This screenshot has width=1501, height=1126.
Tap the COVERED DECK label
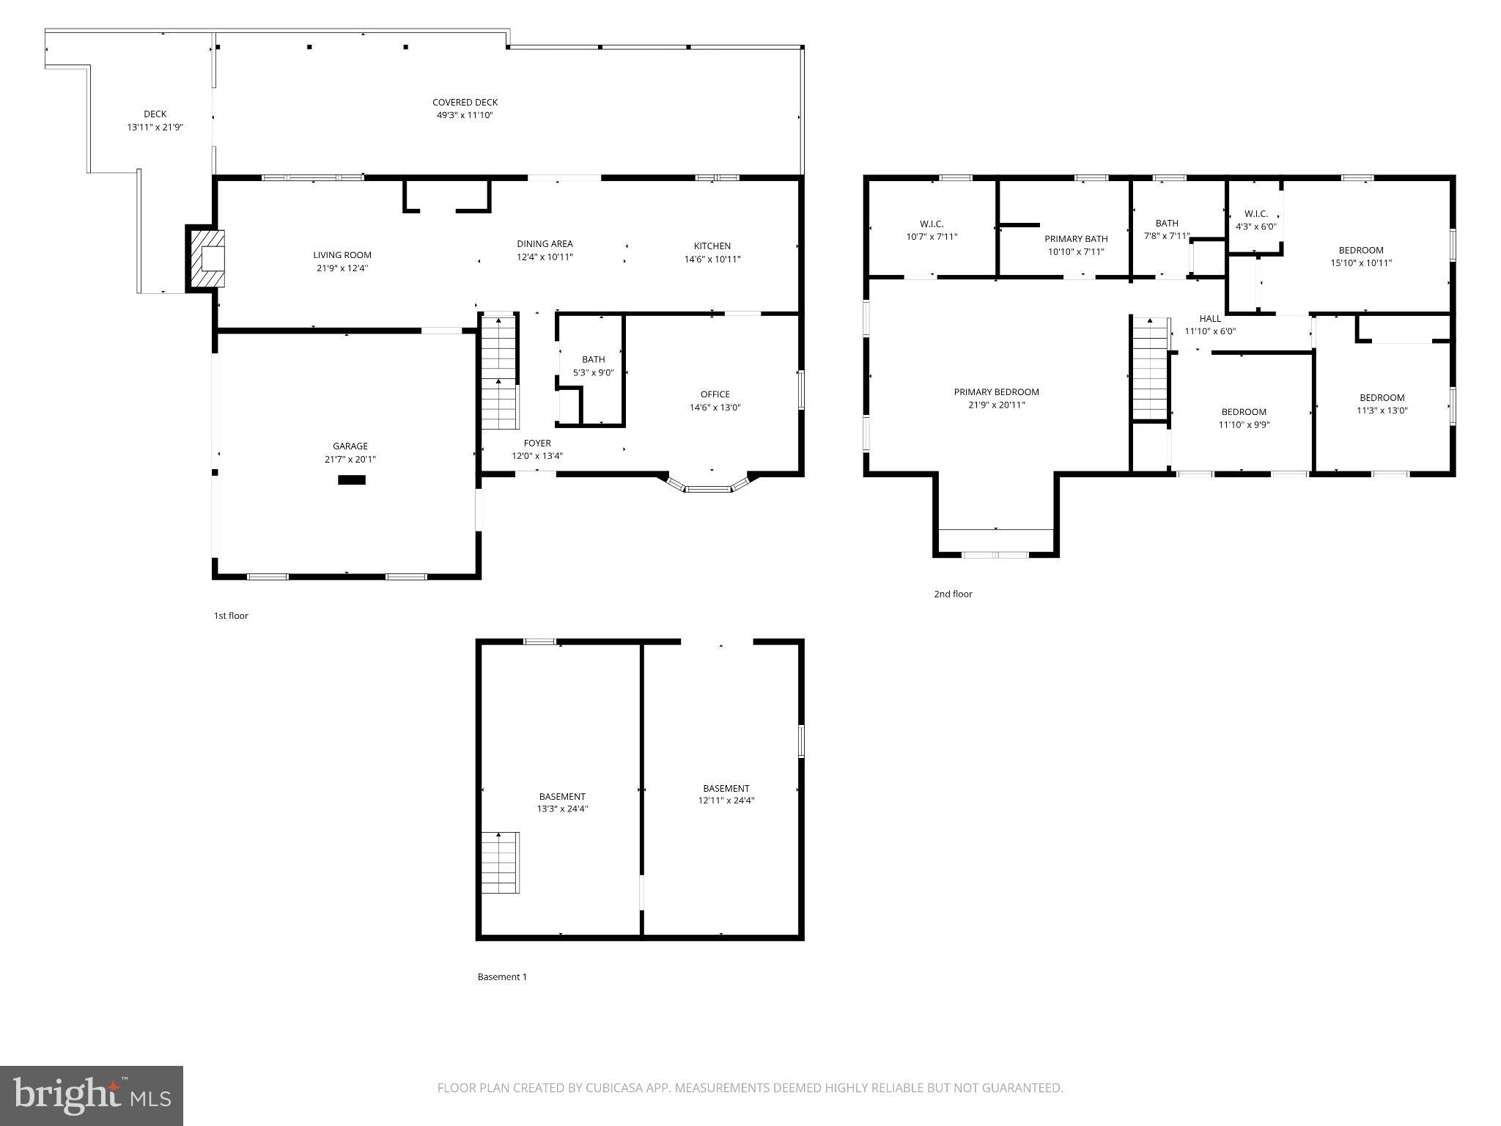click(x=465, y=103)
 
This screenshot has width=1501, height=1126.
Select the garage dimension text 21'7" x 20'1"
click(x=350, y=460)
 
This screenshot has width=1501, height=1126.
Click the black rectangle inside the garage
click(x=352, y=480)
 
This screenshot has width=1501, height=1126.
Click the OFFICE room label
click(x=715, y=394)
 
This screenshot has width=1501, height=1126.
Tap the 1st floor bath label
click(x=593, y=359)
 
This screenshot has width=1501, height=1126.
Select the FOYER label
click(x=536, y=444)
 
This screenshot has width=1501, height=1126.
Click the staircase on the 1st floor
click(x=500, y=372)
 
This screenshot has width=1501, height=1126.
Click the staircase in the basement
click(x=501, y=862)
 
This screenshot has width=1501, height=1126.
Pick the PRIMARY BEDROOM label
click(x=996, y=392)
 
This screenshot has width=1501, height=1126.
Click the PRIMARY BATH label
click(x=1076, y=239)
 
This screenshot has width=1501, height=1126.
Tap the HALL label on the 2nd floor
click(x=1210, y=318)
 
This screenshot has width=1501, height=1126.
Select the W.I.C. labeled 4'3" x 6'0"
click(x=1255, y=220)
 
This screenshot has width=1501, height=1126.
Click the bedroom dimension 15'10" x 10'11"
click(x=1361, y=263)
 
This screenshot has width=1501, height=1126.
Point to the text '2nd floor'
click(x=953, y=594)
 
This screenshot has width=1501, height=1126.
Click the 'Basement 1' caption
click(x=502, y=976)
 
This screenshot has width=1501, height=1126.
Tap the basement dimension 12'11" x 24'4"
click(x=726, y=801)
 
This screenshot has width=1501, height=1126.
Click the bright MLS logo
click(x=92, y=1096)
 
